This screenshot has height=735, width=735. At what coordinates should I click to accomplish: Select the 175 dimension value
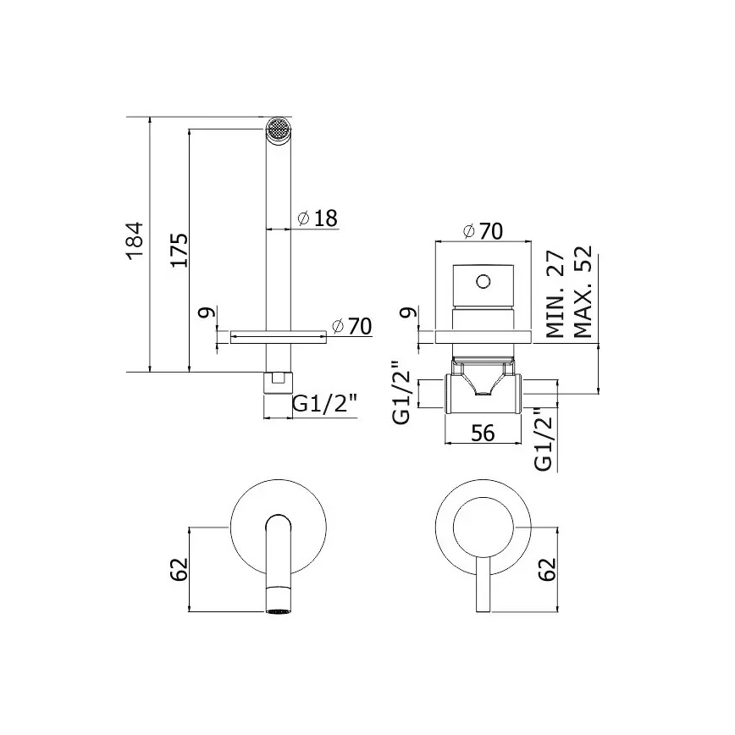177,250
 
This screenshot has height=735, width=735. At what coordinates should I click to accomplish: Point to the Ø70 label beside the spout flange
351,326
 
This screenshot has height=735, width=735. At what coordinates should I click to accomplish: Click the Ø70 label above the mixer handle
484,230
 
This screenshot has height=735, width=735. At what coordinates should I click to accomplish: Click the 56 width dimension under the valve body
483,433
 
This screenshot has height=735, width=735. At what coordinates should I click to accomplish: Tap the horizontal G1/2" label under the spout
325,405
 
